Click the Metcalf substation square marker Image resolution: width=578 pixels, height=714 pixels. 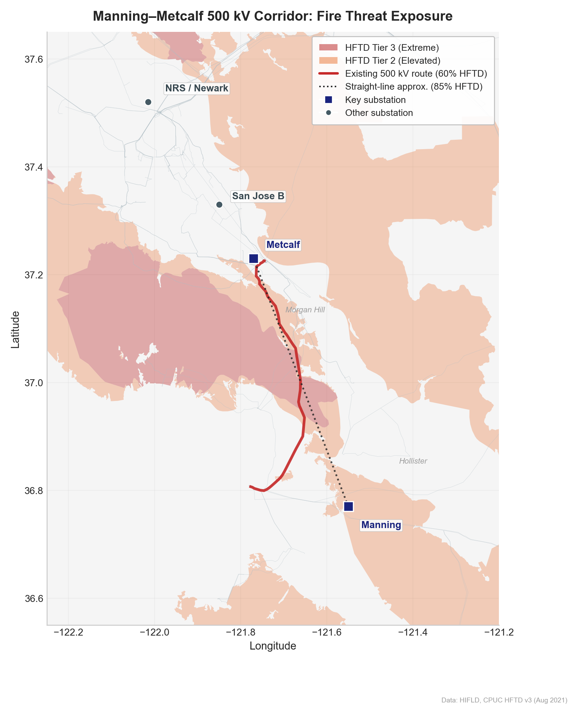tap(253, 259)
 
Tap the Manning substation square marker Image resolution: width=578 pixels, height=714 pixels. tap(348, 507)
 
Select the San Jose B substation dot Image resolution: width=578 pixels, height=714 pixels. tap(220, 205)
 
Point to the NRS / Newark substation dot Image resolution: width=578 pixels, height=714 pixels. tap(148, 102)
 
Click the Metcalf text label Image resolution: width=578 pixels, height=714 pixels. tap(283, 245)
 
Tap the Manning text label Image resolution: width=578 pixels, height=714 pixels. tap(381, 525)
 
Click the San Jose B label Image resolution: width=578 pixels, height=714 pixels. tap(258, 196)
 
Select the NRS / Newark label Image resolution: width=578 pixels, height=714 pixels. tap(197, 88)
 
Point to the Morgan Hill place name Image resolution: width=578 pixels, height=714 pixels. tap(305, 310)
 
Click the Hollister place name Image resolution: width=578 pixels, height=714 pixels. tap(413, 461)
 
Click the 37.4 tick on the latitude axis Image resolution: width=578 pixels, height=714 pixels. tap(34, 167)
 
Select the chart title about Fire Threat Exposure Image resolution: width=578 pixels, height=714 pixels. tap(273, 16)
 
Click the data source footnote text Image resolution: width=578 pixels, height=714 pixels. tap(504, 700)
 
